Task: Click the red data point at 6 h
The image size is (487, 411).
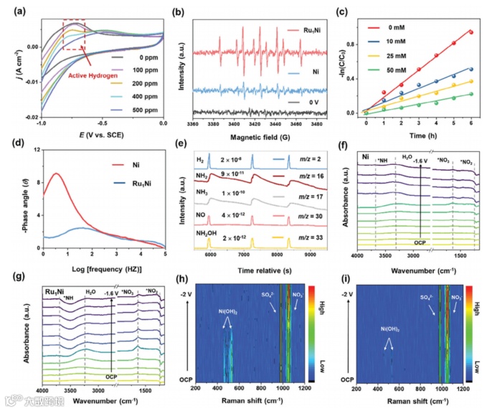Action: pos(471,32)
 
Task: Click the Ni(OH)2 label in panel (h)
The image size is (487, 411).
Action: pos(228,312)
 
